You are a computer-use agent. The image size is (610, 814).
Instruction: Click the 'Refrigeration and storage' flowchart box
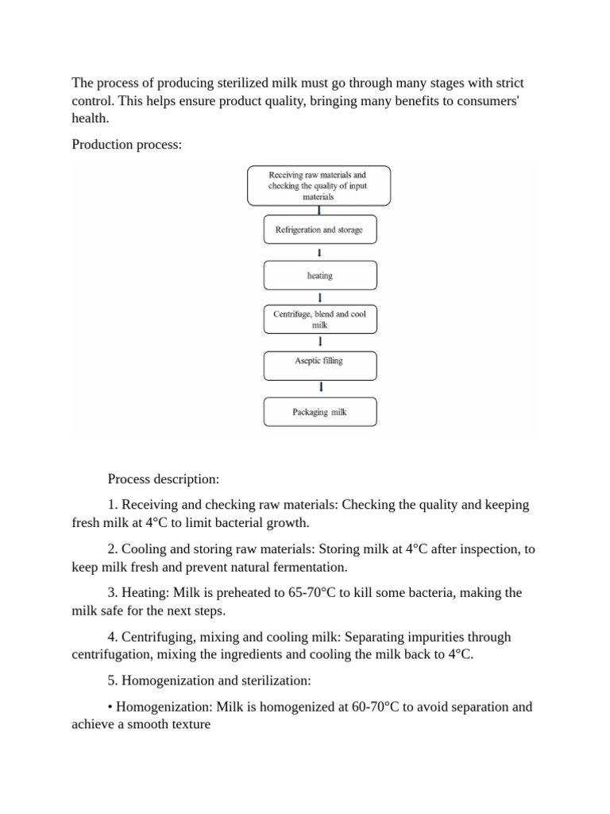319,230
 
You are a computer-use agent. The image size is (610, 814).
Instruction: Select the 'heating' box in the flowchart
319,275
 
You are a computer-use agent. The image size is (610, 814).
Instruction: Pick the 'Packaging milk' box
319,412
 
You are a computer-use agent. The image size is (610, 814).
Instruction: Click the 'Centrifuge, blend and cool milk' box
319,320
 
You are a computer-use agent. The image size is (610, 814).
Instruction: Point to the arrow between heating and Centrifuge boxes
320,297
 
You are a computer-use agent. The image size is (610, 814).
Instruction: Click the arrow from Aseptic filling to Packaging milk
320,387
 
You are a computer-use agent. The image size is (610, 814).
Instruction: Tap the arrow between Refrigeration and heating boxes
320,253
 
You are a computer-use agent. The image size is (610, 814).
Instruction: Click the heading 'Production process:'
126,144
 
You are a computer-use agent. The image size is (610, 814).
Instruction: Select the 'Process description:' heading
163,479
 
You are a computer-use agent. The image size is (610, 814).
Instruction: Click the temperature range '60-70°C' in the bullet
378,707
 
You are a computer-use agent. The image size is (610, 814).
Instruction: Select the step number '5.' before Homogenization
112,681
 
